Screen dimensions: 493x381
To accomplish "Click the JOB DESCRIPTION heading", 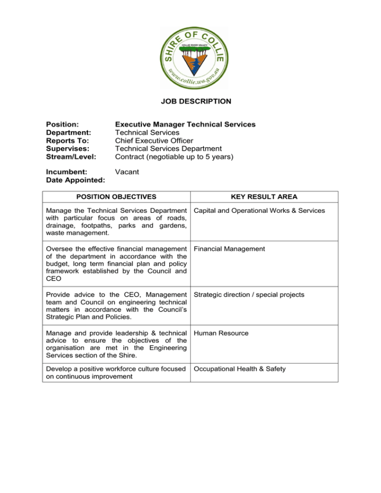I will pyautogui.click(x=195, y=102).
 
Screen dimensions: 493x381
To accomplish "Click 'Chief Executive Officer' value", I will pyautogui.click(x=154, y=141).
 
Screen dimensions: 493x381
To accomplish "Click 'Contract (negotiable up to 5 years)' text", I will pyautogui.click(x=174, y=157).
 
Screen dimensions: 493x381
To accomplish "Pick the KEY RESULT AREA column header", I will pyautogui.click(x=265, y=197).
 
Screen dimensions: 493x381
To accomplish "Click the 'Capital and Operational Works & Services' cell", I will pyautogui.click(x=259, y=211).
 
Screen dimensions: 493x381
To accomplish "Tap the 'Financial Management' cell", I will pyautogui.click(x=230, y=248).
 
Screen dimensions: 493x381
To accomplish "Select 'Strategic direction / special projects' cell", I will pyautogui.click(x=249, y=295).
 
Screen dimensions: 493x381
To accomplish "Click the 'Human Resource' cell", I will pyautogui.click(x=221, y=333).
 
